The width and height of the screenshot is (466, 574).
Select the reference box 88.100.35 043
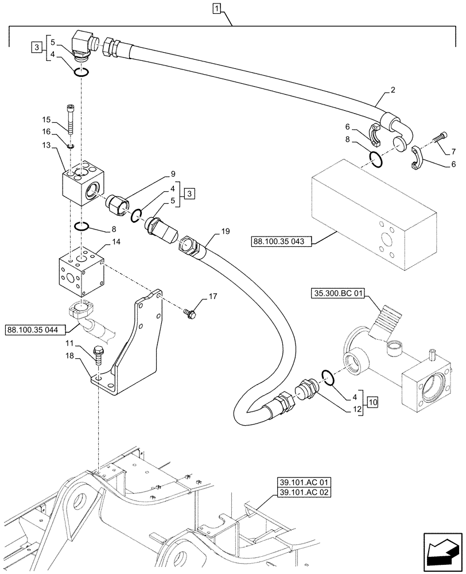[279, 242]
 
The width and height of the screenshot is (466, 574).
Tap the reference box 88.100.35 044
[36, 329]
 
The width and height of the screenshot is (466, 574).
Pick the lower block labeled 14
[82, 269]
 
